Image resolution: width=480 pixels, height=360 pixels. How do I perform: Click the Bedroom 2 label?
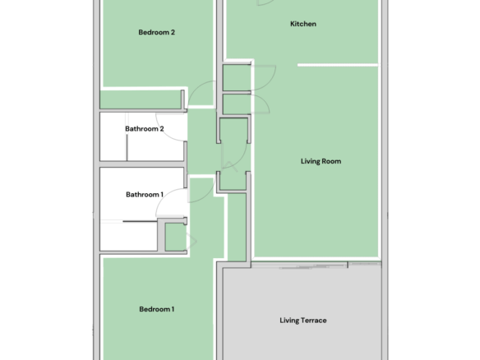tap(156, 32)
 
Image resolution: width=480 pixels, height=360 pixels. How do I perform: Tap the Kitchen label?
tap(303, 24)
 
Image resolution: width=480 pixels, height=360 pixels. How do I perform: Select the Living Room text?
tap(321, 161)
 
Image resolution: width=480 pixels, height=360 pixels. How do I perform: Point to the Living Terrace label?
tap(303, 321)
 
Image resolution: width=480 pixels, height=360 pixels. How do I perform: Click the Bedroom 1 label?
tap(156, 309)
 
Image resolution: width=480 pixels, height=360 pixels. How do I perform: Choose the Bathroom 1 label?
tap(145, 195)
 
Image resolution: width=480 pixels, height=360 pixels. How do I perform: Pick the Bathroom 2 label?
tap(145, 129)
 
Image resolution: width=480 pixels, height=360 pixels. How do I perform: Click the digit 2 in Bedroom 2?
tap(173, 32)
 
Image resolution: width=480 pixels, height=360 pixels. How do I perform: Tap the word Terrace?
tap(314, 321)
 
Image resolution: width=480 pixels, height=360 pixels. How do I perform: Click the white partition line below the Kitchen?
tap(338, 65)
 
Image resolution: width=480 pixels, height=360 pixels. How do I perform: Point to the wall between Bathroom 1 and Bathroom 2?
tap(143, 164)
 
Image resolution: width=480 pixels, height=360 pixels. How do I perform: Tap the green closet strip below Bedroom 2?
tap(141, 99)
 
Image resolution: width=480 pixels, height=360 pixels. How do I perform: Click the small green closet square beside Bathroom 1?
tap(175, 237)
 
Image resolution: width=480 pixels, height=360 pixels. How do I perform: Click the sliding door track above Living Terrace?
tap(316, 265)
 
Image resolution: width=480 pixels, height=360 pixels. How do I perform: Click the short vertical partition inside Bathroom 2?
tap(127, 148)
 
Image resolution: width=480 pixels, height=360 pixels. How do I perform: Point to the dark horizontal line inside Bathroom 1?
tap(141, 221)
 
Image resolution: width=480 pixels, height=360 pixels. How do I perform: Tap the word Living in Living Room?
tap(309, 161)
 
